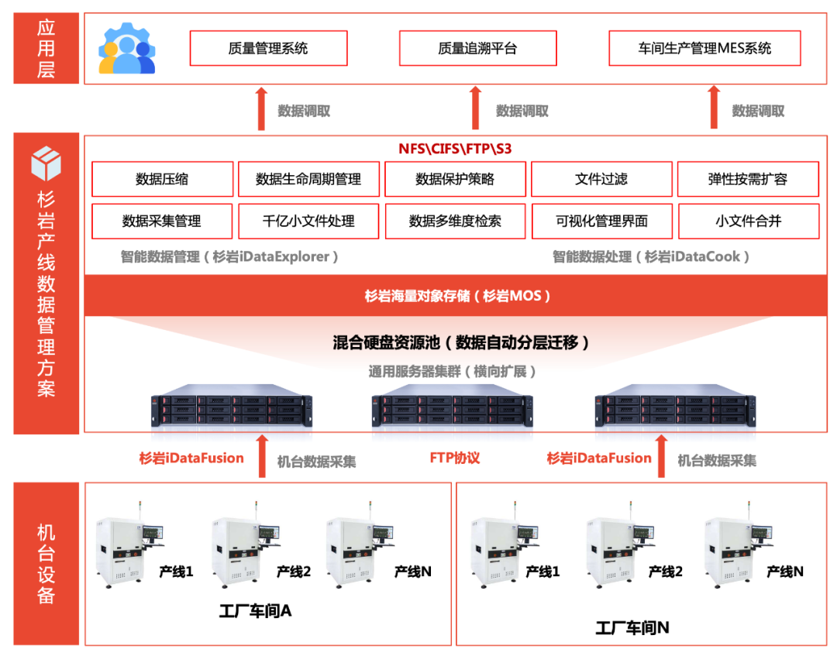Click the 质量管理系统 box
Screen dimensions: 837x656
(x=268, y=48)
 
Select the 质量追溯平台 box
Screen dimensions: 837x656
(x=477, y=48)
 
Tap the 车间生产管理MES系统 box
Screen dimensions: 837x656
(x=704, y=48)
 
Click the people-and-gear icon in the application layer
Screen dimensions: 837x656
(x=127, y=48)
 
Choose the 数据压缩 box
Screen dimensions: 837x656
(x=162, y=179)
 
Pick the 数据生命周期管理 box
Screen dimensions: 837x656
(x=308, y=179)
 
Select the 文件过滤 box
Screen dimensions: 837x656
(x=601, y=179)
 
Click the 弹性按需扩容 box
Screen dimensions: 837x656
(x=748, y=179)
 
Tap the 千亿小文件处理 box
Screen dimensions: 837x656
(x=308, y=221)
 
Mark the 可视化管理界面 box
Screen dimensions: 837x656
(x=601, y=221)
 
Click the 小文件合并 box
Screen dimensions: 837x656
(x=748, y=221)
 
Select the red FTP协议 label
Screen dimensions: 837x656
(x=455, y=458)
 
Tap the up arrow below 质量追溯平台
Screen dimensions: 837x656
(x=476, y=108)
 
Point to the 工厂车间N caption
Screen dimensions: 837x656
(x=632, y=628)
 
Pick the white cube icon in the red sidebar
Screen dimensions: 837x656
(x=46, y=163)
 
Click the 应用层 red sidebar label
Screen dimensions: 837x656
(x=46, y=48)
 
